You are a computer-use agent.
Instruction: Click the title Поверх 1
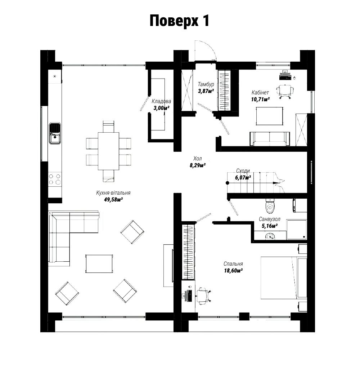[x=179, y=21]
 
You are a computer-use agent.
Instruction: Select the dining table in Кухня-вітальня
[x=109, y=151]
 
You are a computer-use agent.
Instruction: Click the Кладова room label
[x=161, y=101]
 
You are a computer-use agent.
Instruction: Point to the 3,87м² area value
[x=206, y=91]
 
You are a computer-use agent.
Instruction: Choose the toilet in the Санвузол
[x=270, y=206]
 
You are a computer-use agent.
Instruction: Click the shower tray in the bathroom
[x=297, y=229]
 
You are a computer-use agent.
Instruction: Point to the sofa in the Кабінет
[x=270, y=139]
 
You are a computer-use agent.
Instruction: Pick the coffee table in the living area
[x=99, y=264]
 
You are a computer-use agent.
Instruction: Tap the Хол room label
[x=197, y=159]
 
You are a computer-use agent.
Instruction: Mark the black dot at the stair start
[x=227, y=183]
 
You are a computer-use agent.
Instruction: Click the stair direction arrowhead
[x=275, y=183]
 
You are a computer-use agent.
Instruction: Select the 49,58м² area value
[x=113, y=200]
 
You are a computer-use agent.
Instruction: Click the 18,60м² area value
[x=233, y=270]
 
